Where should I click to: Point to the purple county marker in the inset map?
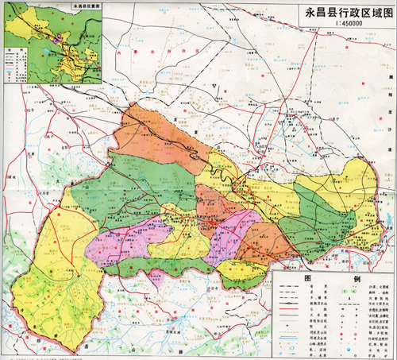[x=58, y=39]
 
